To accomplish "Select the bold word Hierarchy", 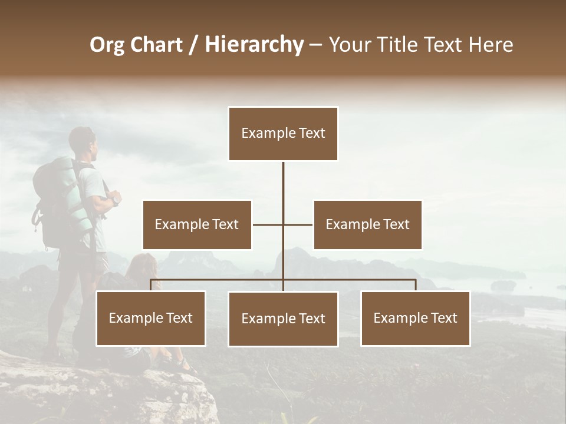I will coord(254,45).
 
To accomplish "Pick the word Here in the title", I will coord(491,45).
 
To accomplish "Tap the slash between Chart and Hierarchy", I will coord(193,45).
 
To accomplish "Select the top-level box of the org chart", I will coord(283,134).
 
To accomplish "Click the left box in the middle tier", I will coord(197,224).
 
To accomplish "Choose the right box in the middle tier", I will coord(367,224).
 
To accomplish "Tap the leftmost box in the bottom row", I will coord(151,318).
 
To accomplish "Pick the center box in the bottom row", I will coord(283,319).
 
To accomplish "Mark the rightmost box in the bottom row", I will coord(415,318).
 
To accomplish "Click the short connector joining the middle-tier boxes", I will coord(268,224).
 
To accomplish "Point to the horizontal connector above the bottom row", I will coord(354,280).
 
